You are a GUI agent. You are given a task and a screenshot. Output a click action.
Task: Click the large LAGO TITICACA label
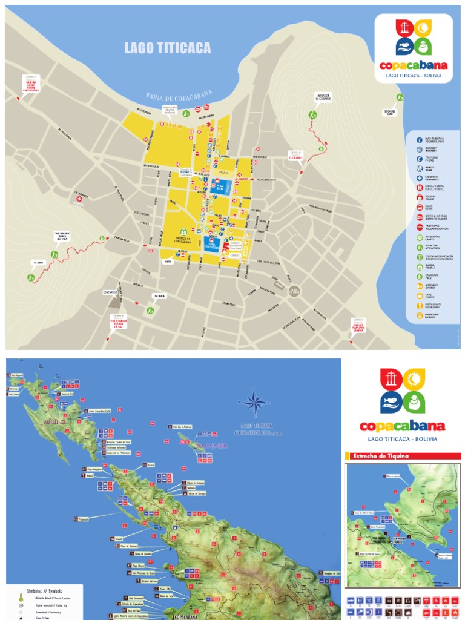[x=168, y=48]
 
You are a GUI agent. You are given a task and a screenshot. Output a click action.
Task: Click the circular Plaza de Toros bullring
[x=294, y=291]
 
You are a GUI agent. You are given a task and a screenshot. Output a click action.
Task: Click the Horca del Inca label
[x=66, y=237]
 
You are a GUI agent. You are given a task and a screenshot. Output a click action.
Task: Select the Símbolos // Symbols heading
[x=45, y=590]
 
